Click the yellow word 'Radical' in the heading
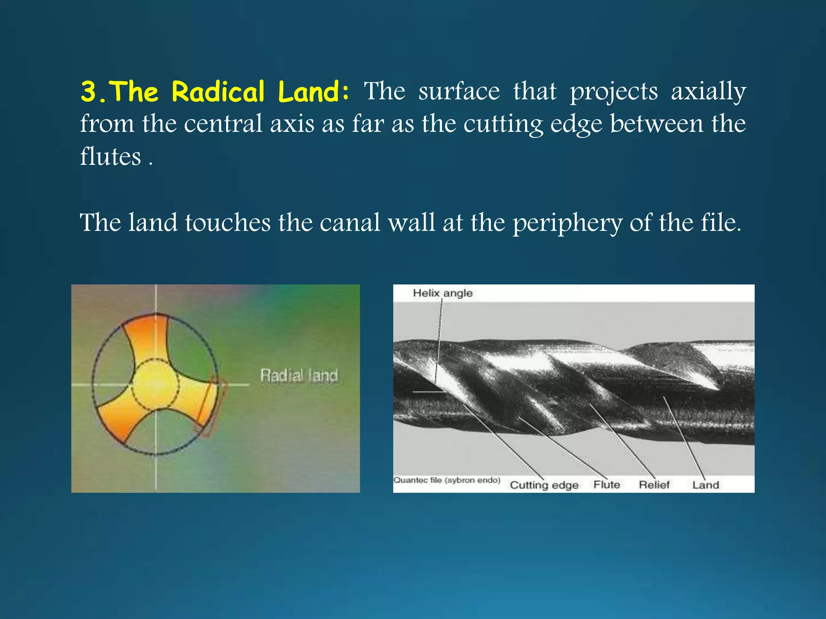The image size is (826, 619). pyautogui.click(x=218, y=92)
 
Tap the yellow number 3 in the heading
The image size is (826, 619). pyautogui.click(x=88, y=92)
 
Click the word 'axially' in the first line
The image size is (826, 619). pyautogui.click(x=708, y=92)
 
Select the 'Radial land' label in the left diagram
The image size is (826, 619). pyautogui.click(x=299, y=376)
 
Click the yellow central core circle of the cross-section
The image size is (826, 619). pyautogui.click(x=155, y=385)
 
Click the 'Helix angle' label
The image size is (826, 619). pyautogui.click(x=442, y=293)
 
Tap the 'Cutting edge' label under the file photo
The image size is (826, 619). pyautogui.click(x=544, y=485)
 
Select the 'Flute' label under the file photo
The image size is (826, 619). pyautogui.click(x=607, y=484)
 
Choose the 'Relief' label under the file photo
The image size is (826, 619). pyautogui.click(x=654, y=484)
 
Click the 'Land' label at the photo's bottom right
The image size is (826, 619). pyautogui.click(x=705, y=485)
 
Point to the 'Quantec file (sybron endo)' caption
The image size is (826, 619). pyautogui.click(x=447, y=480)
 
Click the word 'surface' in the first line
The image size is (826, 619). pyautogui.click(x=459, y=92)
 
